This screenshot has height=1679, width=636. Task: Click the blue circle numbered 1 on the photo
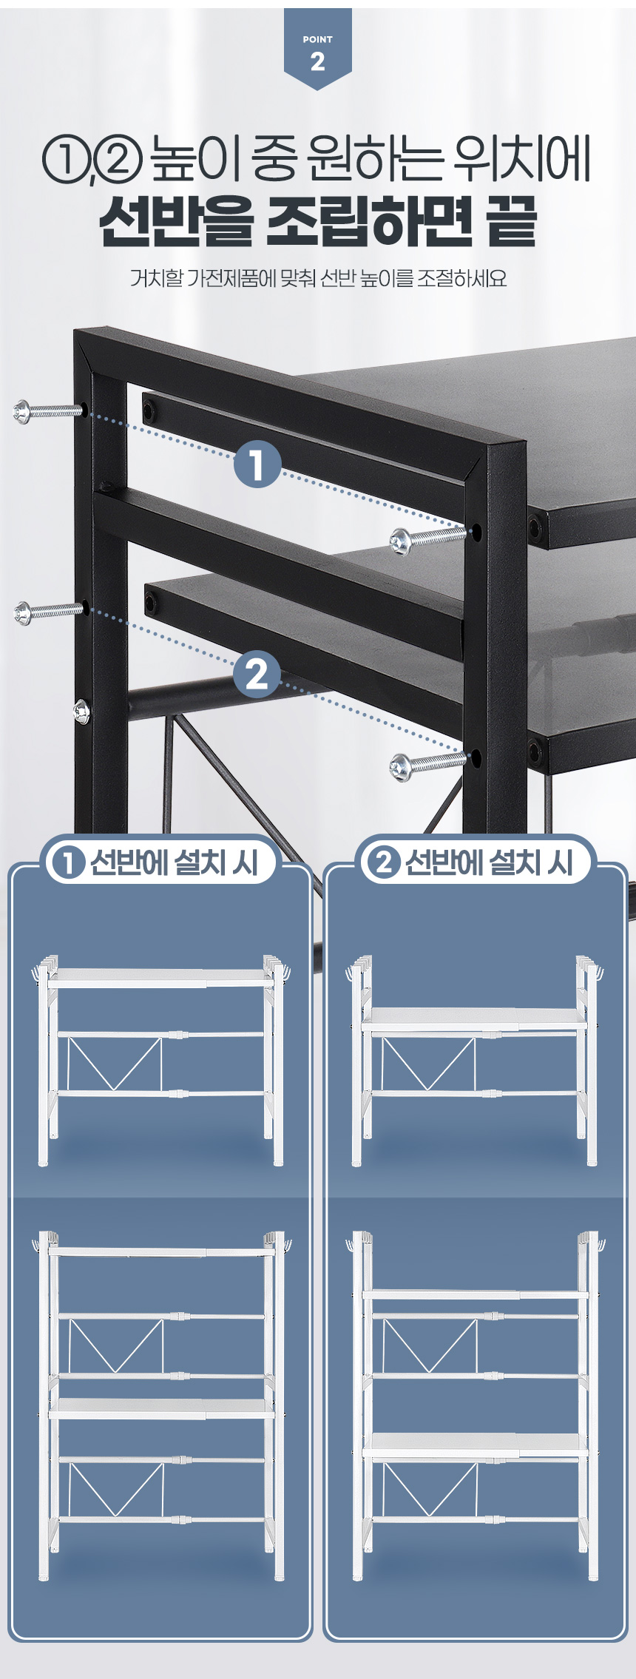pyautogui.click(x=257, y=464)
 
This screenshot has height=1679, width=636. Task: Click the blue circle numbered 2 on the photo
pyautogui.click(x=257, y=675)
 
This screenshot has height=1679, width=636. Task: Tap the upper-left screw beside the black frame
pyautogui.click(x=47, y=411)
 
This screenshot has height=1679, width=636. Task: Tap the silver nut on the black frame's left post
pyautogui.click(x=81, y=712)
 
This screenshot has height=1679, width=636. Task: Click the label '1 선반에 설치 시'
pyautogui.click(x=160, y=862)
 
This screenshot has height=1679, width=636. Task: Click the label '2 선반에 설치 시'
pyautogui.click(x=475, y=862)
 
